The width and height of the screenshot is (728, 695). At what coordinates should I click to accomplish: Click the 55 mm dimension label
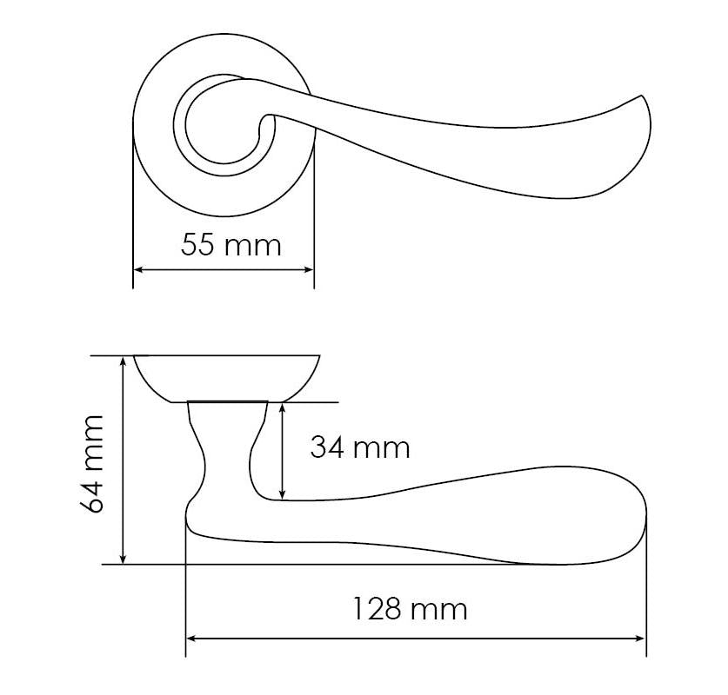tap(230, 245)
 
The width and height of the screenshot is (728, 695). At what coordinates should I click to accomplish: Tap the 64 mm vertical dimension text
tap(90, 464)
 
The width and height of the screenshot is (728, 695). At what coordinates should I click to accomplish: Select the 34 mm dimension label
tap(360, 448)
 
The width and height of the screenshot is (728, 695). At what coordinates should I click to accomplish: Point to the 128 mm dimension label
tap(410, 609)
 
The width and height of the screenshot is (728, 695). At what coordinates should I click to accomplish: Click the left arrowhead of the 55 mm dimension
tap(137, 269)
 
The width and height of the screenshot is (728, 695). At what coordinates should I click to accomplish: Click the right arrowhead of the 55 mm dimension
tap(310, 269)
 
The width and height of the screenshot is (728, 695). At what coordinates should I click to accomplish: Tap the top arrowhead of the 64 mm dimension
tap(123, 361)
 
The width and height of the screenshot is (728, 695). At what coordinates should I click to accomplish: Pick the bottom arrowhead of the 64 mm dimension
tap(123, 559)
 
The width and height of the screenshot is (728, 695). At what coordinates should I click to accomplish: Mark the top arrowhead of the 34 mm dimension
tap(283, 408)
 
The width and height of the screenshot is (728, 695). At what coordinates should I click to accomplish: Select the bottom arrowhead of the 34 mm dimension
tap(283, 494)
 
